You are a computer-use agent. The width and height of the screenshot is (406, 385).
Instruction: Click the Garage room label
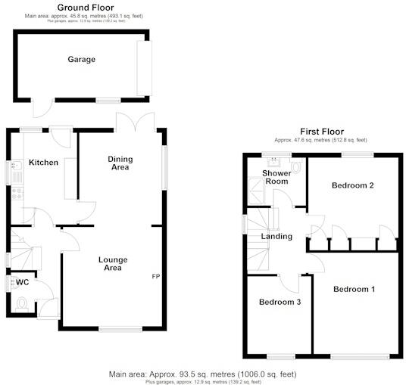tap(81, 60)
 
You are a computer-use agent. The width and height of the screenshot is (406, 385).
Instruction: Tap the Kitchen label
tap(43, 163)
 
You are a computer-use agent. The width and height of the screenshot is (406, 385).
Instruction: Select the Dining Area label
tap(120, 163)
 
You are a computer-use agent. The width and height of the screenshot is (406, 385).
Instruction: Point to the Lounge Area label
tap(112, 263)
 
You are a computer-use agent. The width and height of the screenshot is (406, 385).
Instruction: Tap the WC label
tap(23, 283)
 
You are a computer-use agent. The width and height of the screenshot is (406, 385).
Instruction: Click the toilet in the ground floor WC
tap(23, 304)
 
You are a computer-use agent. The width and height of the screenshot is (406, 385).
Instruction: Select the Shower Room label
tap(276, 177)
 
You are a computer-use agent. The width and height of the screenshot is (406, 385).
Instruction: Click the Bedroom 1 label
tap(354, 289)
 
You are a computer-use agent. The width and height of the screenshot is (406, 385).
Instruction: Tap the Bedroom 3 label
tap(280, 303)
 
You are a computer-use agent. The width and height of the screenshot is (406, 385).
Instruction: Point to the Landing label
tap(276, 237)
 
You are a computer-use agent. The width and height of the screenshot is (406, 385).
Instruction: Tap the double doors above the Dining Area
tap(134, 121)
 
